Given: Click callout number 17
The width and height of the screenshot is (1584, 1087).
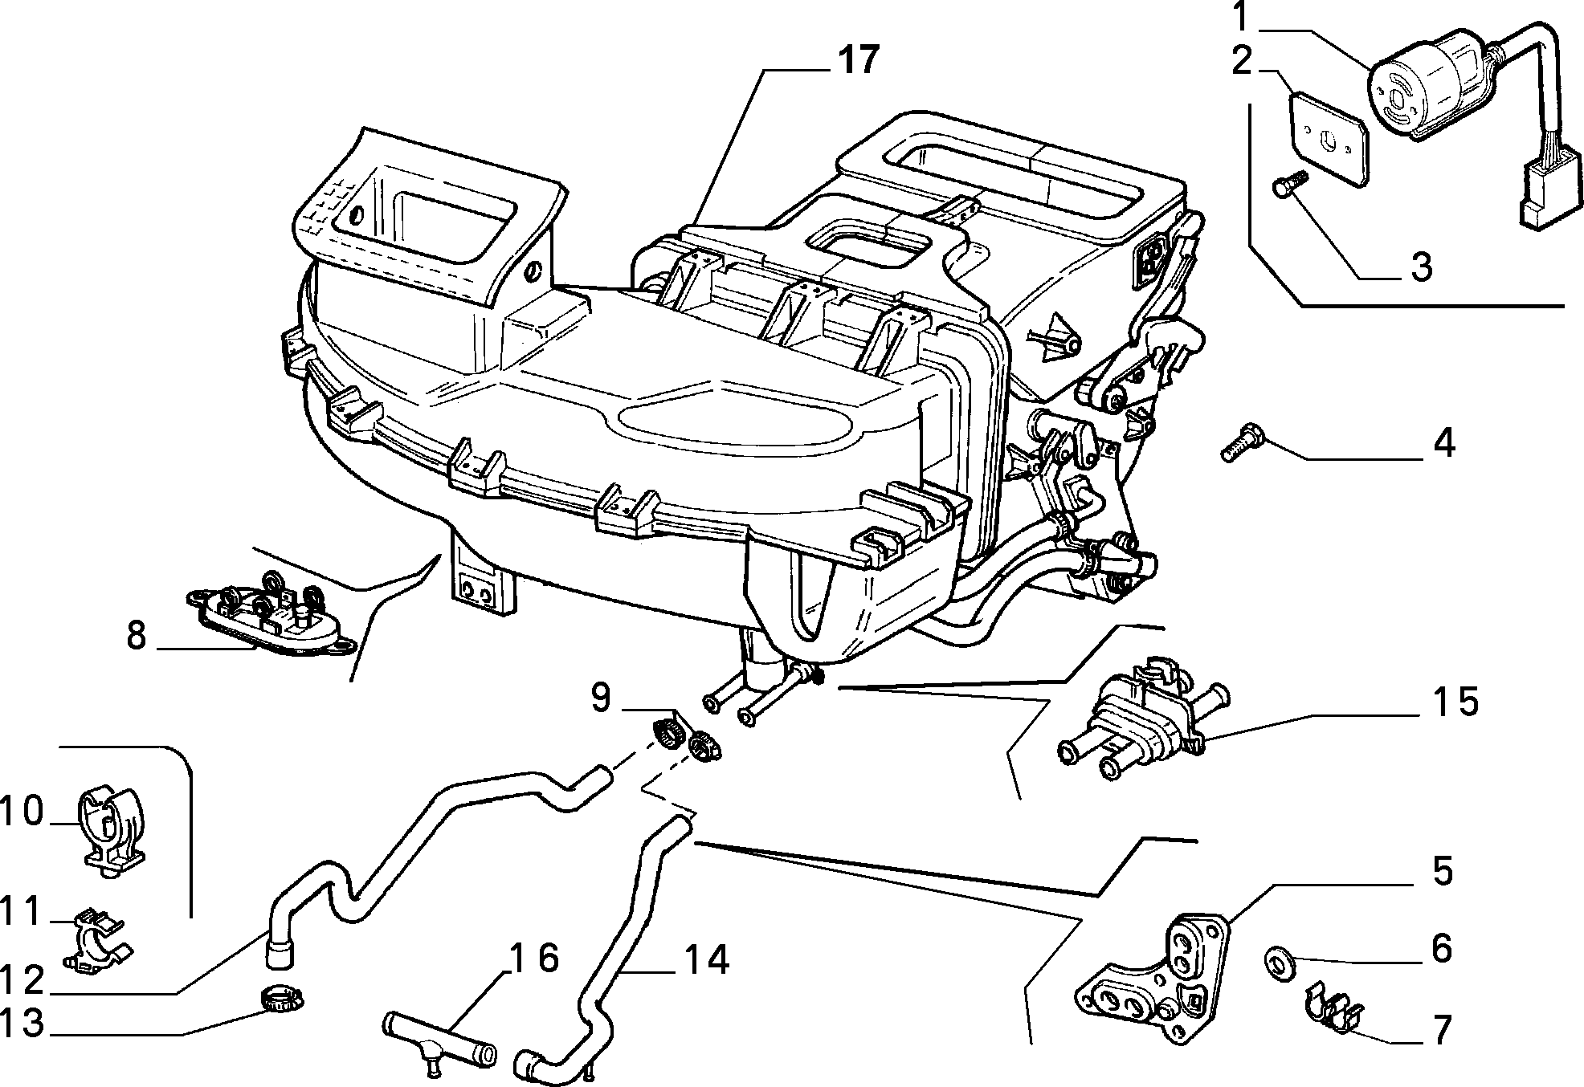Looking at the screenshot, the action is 857,61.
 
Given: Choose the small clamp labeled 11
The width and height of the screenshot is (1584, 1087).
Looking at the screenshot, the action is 97,941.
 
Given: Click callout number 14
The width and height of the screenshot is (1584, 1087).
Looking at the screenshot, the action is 707,959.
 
